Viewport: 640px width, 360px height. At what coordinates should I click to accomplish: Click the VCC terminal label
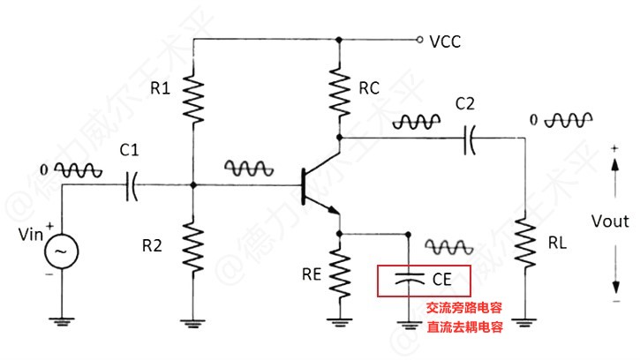445,41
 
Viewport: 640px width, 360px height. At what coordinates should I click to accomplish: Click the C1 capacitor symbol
133,184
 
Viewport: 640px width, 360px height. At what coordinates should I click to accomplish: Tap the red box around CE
424,281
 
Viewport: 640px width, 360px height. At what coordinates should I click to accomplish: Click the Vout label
610,221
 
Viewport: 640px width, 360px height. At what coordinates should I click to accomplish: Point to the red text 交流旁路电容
464,309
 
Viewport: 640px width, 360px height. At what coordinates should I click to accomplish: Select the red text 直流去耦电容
464,327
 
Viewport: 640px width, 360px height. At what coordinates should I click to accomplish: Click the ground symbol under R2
193,323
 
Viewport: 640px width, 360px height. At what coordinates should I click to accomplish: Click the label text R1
160,88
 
